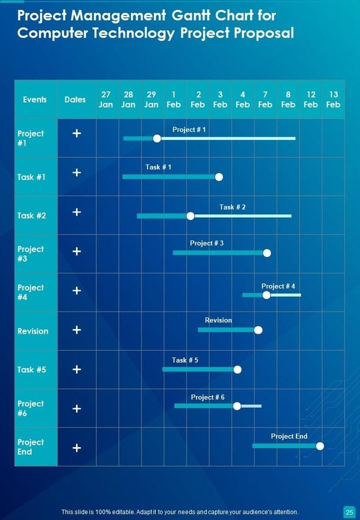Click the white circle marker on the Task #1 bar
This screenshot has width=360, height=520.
tap(219, 177)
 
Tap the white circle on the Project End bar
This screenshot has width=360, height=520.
tap(319, 446)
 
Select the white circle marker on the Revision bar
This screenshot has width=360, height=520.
tap(258, 330)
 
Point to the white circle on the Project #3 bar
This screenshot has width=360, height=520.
tap(267, 253)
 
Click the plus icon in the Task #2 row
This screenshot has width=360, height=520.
tap(77, 212)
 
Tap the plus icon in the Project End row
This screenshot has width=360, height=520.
tap(77, 448)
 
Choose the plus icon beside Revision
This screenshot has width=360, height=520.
tap(77, 330)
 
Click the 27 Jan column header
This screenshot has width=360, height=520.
tap(106, 100)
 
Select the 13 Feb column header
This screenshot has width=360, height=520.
tap(333, 100)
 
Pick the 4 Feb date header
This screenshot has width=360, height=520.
tap(242, 100)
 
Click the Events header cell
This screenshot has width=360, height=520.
tap(35, 100)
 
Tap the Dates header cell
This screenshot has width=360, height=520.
tap(75, 100)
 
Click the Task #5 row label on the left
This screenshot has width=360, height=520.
tap(31, 370)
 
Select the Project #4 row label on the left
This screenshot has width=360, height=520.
tap(30, 292)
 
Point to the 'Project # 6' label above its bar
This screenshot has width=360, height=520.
tap(208, 397)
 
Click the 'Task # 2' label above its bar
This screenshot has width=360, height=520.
tap(232, 207)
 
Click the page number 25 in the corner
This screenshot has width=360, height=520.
tap(349, 512)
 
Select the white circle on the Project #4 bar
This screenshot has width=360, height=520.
tap(266, 294)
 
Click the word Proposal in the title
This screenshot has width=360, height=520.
tap(264, 33)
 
